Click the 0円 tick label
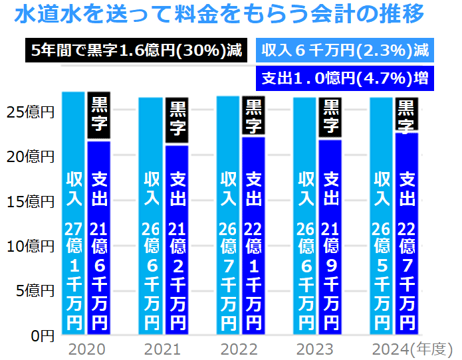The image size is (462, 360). coord(42,335)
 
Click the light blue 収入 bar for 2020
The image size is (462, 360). coord(73,213)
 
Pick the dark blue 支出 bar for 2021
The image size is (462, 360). coord(177,239)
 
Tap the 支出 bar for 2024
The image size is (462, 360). coord(407,232)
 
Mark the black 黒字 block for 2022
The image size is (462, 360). coord(253,116)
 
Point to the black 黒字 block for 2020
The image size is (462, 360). coord(99,116)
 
